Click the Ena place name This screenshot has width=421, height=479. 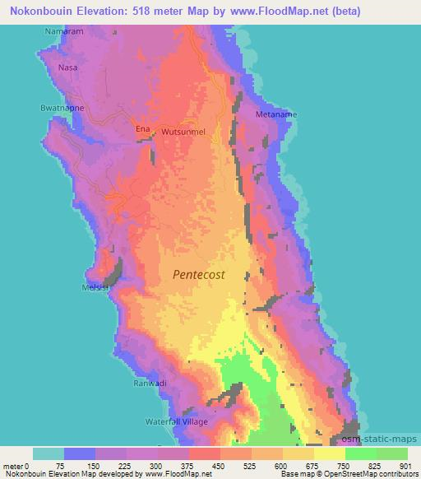click(141, 129)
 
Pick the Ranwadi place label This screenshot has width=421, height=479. click(150, 384)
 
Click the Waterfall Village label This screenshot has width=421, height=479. click(178, 421)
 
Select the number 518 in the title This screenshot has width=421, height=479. click(145, 12)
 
